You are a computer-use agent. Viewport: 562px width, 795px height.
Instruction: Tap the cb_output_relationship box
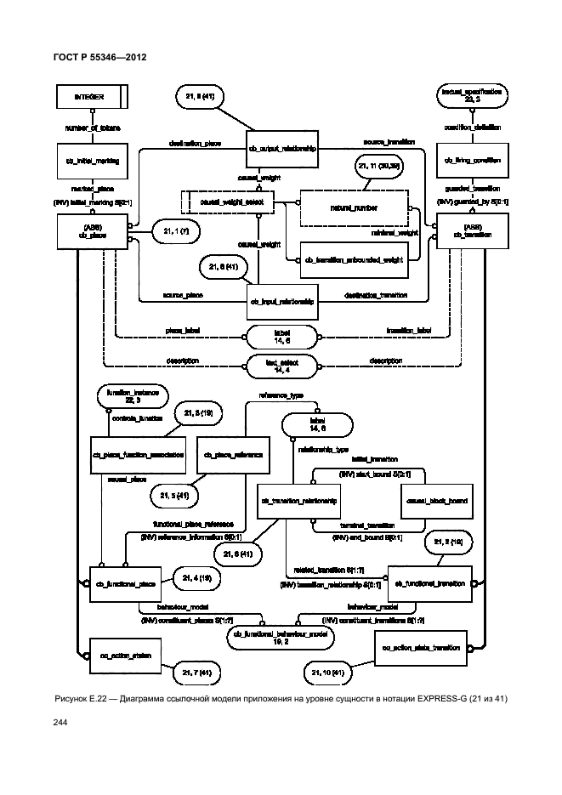[282, 147]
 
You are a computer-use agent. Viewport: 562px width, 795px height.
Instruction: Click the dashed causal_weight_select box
[232, 203]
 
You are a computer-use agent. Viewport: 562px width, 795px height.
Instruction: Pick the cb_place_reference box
[232, 455]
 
